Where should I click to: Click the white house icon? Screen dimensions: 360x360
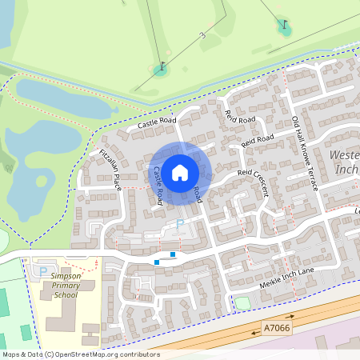[180, 172]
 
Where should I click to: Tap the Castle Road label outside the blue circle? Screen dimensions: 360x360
[156, 122]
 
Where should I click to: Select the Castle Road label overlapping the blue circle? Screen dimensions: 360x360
[158, 183]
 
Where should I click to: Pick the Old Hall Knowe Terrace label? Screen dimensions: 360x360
[305, 153]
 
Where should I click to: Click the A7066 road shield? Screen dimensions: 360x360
[277, 328]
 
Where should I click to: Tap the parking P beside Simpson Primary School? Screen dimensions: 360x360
[42, 272]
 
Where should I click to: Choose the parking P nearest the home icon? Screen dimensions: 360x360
[180, 224]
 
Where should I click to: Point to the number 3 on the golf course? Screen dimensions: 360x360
[204, 35]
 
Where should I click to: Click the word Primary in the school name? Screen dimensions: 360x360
[61, 285]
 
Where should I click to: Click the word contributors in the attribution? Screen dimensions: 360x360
[138, 354]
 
